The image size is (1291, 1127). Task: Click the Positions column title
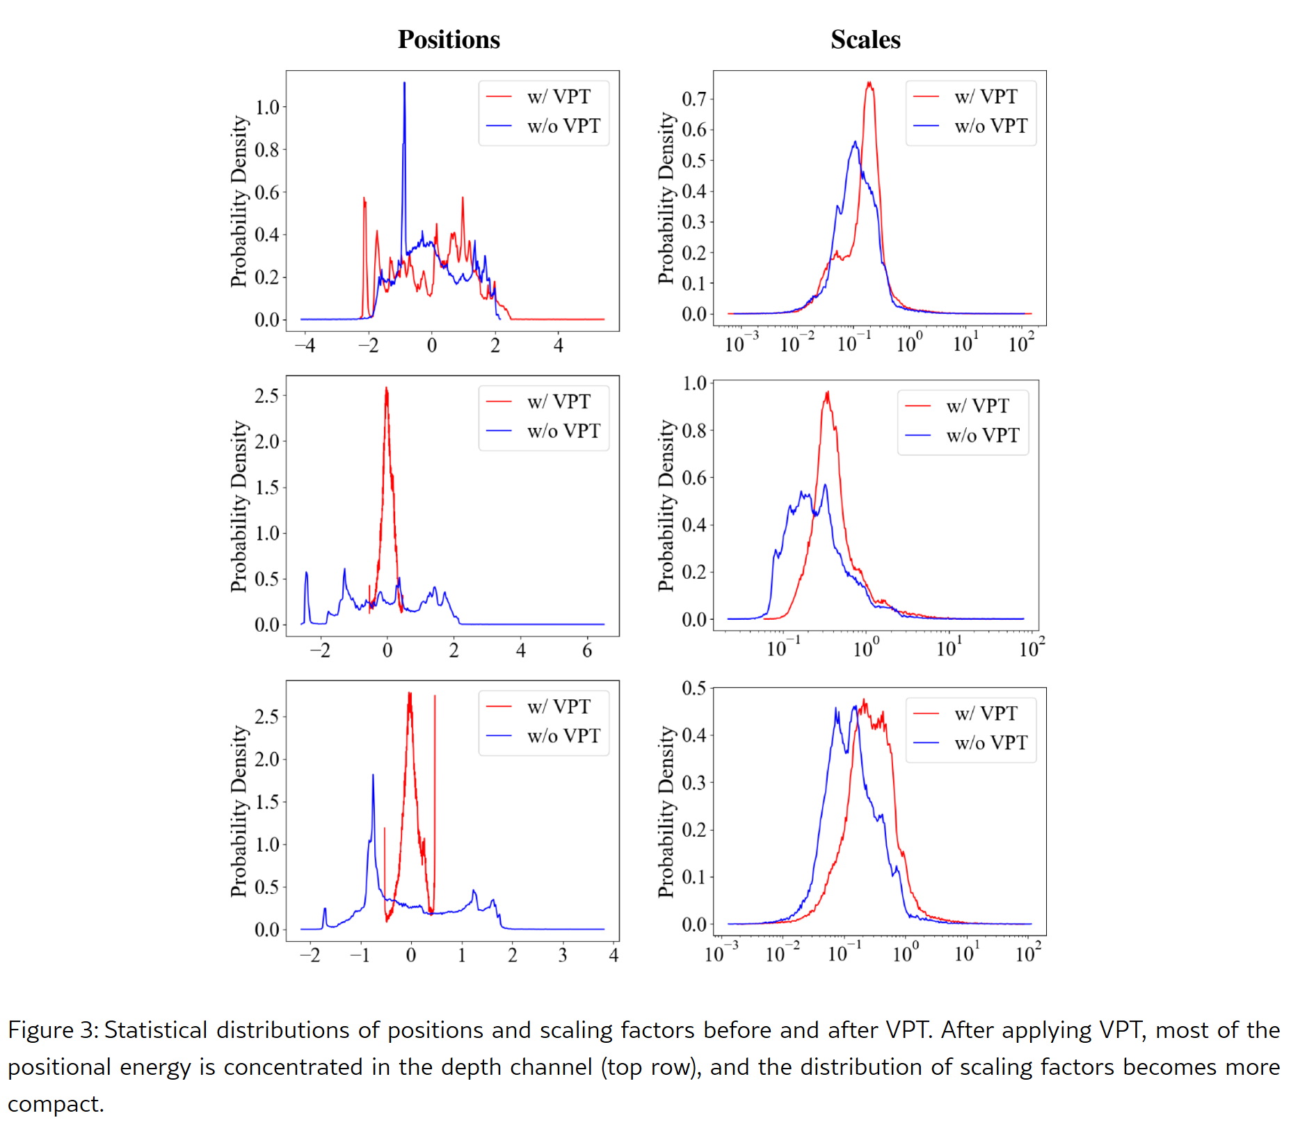449,40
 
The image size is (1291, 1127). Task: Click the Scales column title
865,40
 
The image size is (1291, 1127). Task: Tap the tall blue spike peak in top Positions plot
404,84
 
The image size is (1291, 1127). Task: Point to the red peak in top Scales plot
869,83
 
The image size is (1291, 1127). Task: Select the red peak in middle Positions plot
386,389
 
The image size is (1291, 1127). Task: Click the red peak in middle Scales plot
827,393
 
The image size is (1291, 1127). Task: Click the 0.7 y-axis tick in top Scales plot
693,99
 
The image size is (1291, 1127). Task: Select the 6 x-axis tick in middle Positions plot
587,650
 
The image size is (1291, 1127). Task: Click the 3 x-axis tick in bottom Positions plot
563,955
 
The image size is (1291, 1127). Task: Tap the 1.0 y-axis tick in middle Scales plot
693,383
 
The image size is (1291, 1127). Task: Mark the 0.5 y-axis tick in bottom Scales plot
693,689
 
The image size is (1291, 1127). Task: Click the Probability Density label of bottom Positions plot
239,811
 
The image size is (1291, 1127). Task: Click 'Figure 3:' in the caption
53,1030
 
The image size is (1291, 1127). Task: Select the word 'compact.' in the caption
56,1104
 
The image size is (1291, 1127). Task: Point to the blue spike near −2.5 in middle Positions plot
306,574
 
